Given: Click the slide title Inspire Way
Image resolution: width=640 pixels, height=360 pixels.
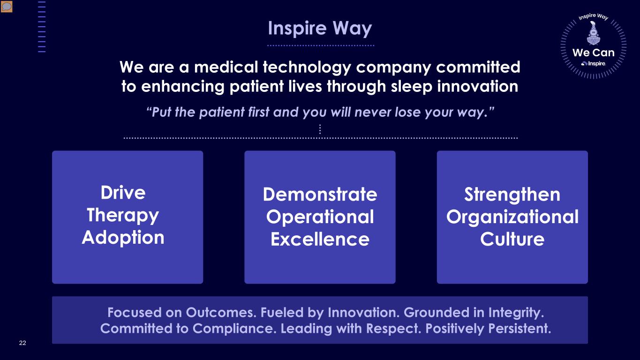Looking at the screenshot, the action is pyautogui.click(x=320, y=29).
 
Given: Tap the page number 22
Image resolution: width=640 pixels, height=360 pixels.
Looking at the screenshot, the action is pyautogui.click(x=23, y=343).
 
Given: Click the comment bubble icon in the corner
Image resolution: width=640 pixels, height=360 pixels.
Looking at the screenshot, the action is pyautogui.click(x=7, y=7).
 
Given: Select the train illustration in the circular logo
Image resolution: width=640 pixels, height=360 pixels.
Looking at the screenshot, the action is pyautogui.click(x=594, y=33).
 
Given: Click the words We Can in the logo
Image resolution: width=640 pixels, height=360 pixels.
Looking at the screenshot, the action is pyautogui.click(x=594, y=52).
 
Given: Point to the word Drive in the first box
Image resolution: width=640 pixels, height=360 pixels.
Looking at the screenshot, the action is pyautogui.click(x=123, y=193).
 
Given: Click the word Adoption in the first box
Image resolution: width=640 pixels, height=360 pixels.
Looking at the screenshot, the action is pyautogui.click(x=123, y=238).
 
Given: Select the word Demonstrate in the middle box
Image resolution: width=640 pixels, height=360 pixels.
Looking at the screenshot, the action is pyautogui.click(x=320, y=194).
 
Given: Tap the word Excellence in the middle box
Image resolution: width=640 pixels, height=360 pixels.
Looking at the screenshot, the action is pyautogui.click(x=320, y=239).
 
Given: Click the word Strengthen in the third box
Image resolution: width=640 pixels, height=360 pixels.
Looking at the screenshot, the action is pyautogui.click(x=512, y=195).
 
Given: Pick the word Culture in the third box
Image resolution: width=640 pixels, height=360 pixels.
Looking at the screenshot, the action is pyautogui.click(x=512, y=239).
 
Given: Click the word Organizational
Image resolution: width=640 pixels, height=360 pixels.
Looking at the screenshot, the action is pyautogui.click(x=512, y=217).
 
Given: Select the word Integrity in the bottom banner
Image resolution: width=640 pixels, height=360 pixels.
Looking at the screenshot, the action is pyautogui.click(x=516, y=313).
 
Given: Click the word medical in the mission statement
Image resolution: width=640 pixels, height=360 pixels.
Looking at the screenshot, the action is pyautogui.click(x=226, y=67).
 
